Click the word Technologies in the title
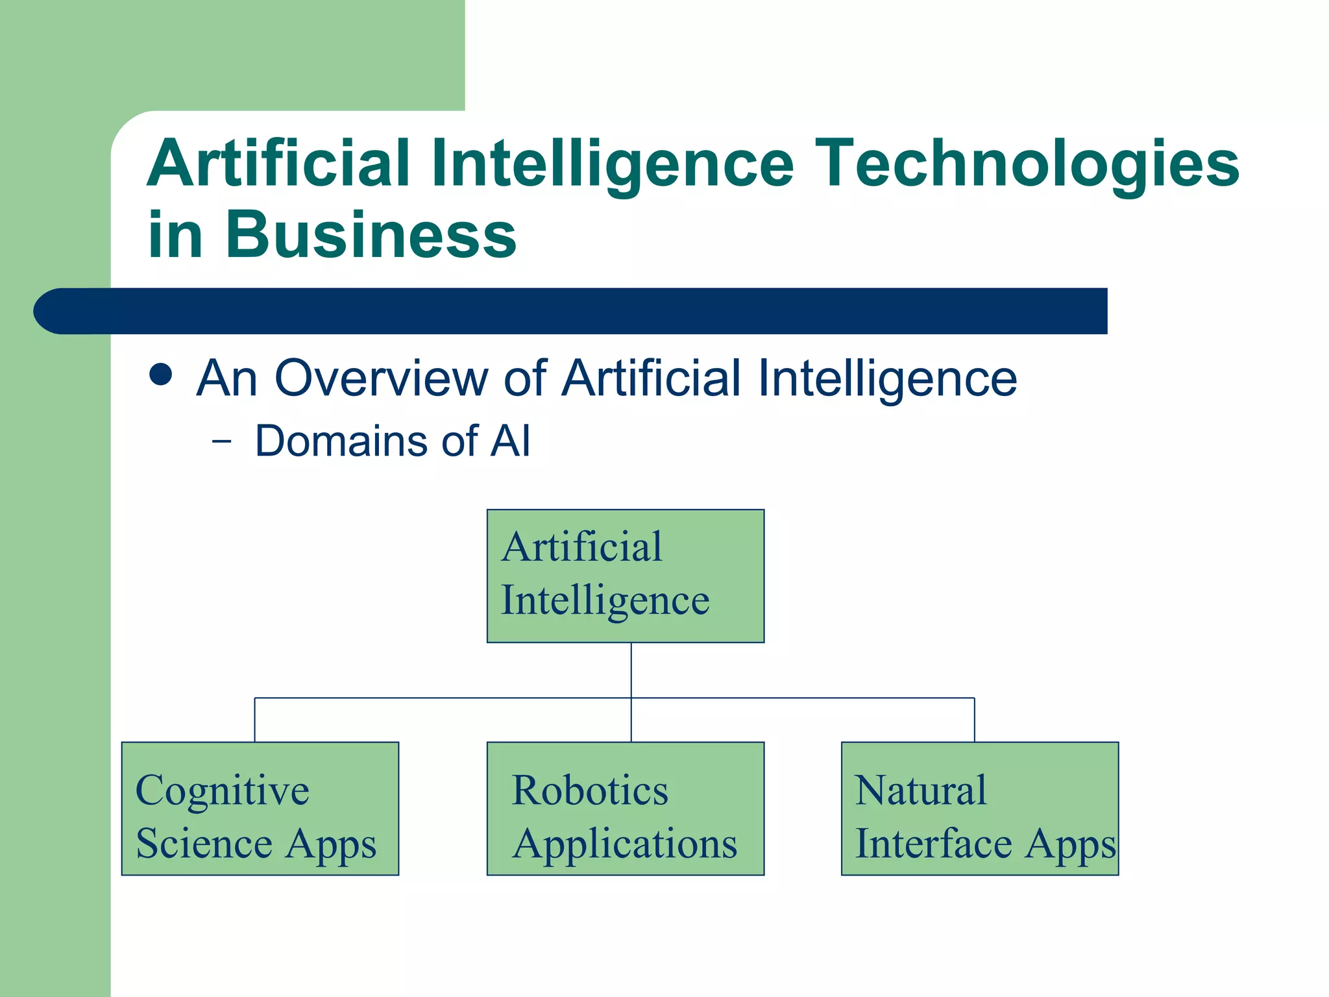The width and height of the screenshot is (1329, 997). pos(1027,164)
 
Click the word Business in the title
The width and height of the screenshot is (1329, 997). pos(371,234)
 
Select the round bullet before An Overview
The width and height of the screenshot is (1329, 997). pos(160,375)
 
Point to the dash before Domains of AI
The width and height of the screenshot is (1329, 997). pos(221,441)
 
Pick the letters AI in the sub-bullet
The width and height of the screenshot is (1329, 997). pos(510,441)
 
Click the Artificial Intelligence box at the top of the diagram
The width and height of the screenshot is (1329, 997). pos(626,576)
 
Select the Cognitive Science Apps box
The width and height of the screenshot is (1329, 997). pos(260,809)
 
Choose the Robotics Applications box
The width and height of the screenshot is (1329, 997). pos(626,809)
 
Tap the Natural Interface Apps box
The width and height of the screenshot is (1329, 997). pos(980,809)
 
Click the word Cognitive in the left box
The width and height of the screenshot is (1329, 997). pos(223,791)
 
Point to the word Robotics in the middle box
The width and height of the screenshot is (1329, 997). pos(590,791)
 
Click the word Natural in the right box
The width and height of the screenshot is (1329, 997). pos(921,791)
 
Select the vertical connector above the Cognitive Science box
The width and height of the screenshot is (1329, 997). pos(255,720)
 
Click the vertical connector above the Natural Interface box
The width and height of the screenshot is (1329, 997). pos(975,720)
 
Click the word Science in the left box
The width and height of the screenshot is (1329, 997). pos(204,843)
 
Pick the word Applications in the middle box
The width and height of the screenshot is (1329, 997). pos(625,844)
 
